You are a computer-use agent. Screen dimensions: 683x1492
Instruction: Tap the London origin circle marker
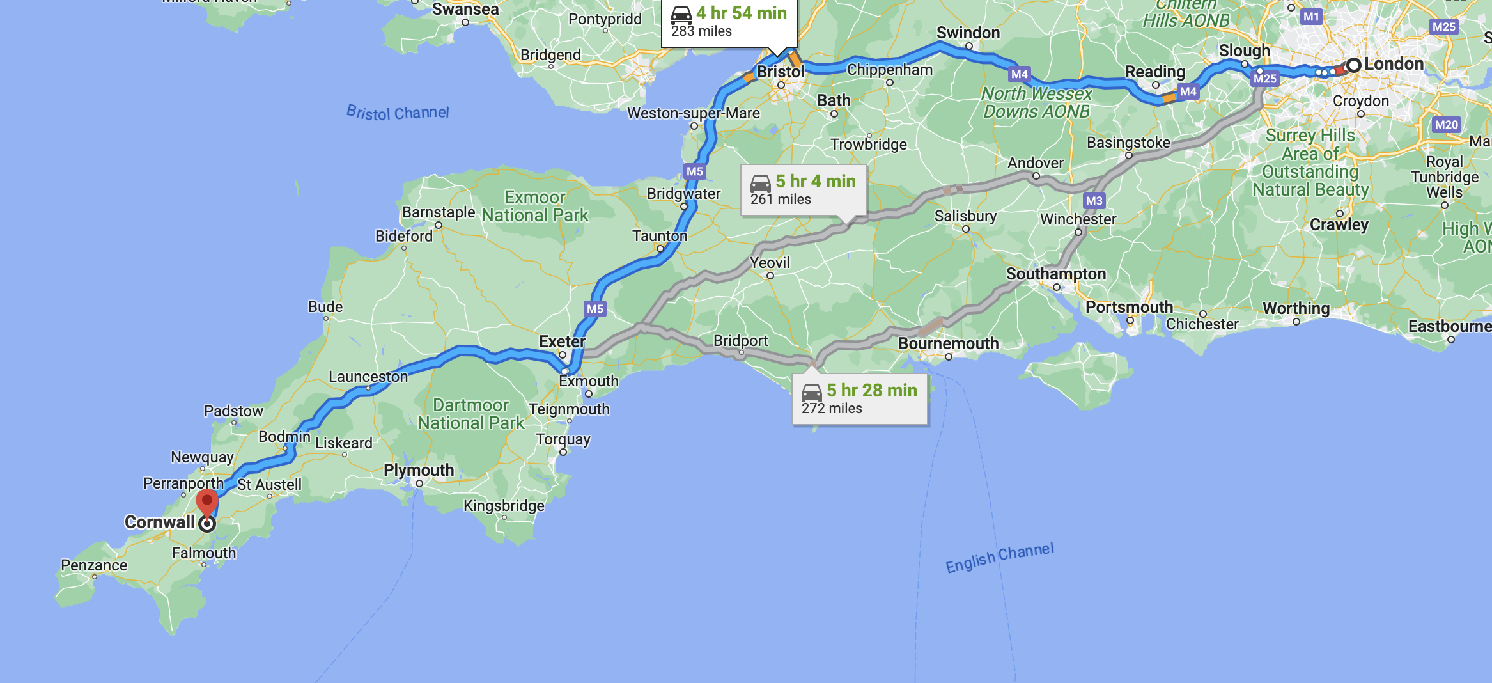pos(1353,65)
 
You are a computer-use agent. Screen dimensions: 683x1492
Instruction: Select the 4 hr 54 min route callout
pos(729,22)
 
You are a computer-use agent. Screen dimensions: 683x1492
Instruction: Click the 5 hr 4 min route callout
pos(803,190)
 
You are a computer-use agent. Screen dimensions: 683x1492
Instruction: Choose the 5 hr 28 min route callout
pos(859,399)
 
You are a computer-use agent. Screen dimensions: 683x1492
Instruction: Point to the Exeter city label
pos(562,341)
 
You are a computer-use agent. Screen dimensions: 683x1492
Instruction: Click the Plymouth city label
pos(419,470)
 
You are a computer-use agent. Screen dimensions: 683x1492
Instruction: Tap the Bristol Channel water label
pos(398,113)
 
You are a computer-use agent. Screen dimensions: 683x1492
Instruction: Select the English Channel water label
pos(999,558)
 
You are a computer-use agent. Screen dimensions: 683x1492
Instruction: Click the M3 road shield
pos(1094,201)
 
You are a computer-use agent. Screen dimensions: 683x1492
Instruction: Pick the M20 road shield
pos(1446,125)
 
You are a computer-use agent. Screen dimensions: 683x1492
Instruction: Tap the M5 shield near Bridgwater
pos(694,171)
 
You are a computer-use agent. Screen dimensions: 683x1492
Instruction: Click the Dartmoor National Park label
pos(471,414)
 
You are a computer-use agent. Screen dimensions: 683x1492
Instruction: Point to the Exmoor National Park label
pos(535,206)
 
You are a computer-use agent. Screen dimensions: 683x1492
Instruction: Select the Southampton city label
pos(1055,274)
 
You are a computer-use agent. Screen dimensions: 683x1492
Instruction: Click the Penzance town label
pos(94,565)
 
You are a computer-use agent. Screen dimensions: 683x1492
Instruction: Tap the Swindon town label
pos(968,33)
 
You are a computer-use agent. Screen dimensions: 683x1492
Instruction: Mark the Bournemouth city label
pos(948,343)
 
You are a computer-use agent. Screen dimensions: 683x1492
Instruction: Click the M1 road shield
pos(1311,17)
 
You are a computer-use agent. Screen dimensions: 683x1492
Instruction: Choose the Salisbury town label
pos(965,216)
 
